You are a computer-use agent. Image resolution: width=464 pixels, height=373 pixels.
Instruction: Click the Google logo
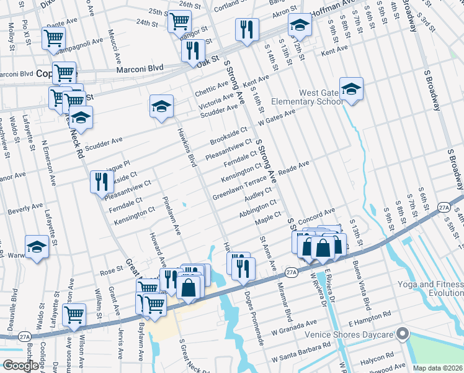coord(21,366)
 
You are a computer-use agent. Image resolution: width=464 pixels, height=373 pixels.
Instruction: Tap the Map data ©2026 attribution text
coord(437,368)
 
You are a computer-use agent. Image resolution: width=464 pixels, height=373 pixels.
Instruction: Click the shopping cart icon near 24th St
coord(179,21)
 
